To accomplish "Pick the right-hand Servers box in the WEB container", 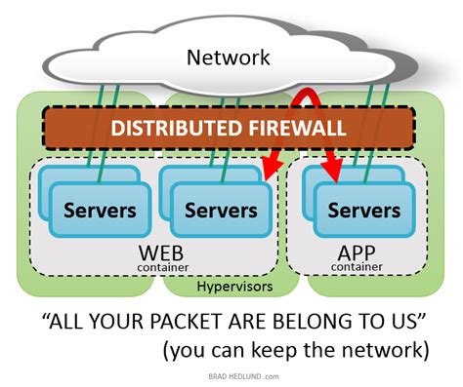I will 221,210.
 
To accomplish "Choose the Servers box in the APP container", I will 363,210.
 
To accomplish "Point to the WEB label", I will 163,252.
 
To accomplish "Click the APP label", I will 355,252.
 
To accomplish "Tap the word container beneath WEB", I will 162,267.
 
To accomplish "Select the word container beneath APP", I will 355,266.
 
